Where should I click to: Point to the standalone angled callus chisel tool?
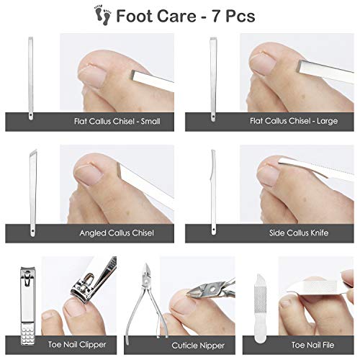(32, 191)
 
